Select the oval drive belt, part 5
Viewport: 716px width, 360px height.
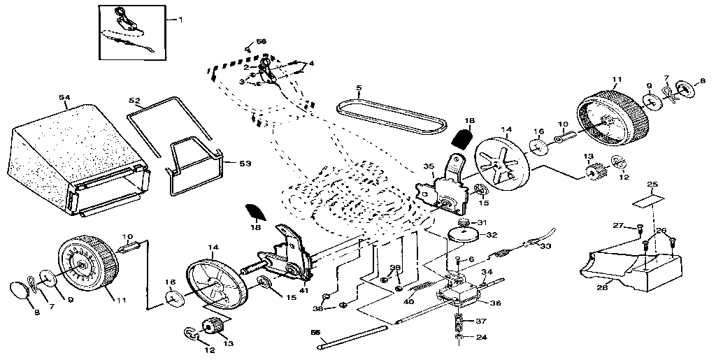click(x=392, y=116)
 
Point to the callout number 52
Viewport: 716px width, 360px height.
click(x=134, y=101)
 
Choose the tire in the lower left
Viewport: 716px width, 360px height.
click(x=85, y=266)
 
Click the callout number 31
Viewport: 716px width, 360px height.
click(x=481, y=222)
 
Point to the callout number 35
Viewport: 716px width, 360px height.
click(x=429, y=166)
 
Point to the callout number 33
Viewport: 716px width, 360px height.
click(x=545, y=246)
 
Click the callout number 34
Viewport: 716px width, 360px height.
click(x=487, y=272)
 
